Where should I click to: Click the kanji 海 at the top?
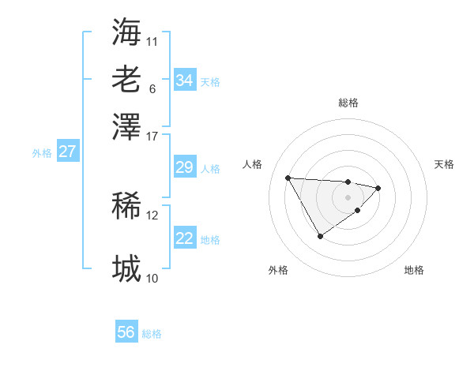tap(126, 32)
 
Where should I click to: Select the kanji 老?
tap(126, 79)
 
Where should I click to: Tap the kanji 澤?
tap(126, 126)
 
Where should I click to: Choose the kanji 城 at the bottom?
tap(126, 269)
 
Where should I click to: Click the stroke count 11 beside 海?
tap(152, 40)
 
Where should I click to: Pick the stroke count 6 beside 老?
tap(152, 88)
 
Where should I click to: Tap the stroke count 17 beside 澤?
tap(152, 135)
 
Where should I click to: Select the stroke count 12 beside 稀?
tap(152, 215)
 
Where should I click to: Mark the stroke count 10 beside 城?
tap(152, 278)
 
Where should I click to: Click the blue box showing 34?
tap(184, 81)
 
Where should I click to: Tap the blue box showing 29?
tap(184, 167)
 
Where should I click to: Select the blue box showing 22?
tap(184, 238)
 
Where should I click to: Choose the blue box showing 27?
tap(67, 152)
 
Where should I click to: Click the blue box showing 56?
tap(126, 332)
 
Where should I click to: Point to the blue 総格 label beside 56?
tap(152, 334)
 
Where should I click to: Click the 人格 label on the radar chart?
tap(253, 164)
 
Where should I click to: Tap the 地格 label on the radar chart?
tap(414, 270)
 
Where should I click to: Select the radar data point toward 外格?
tap(320, 236)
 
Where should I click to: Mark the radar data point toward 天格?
tap(378, 188)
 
